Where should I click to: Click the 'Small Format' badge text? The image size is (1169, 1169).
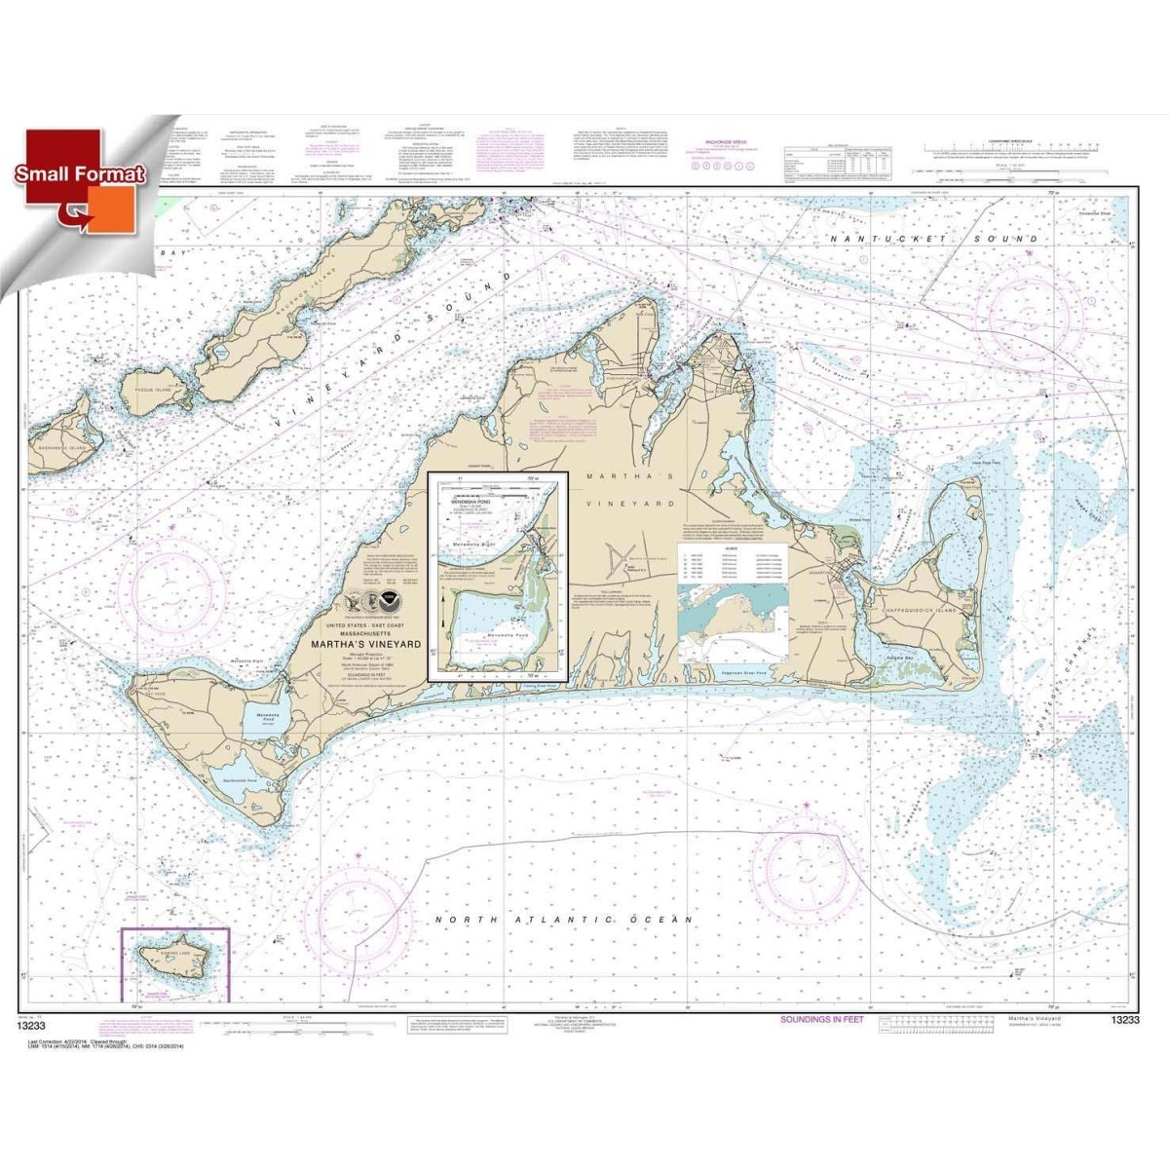click(80, 175)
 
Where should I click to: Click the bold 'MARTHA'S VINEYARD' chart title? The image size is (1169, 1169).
click(365, 644)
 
